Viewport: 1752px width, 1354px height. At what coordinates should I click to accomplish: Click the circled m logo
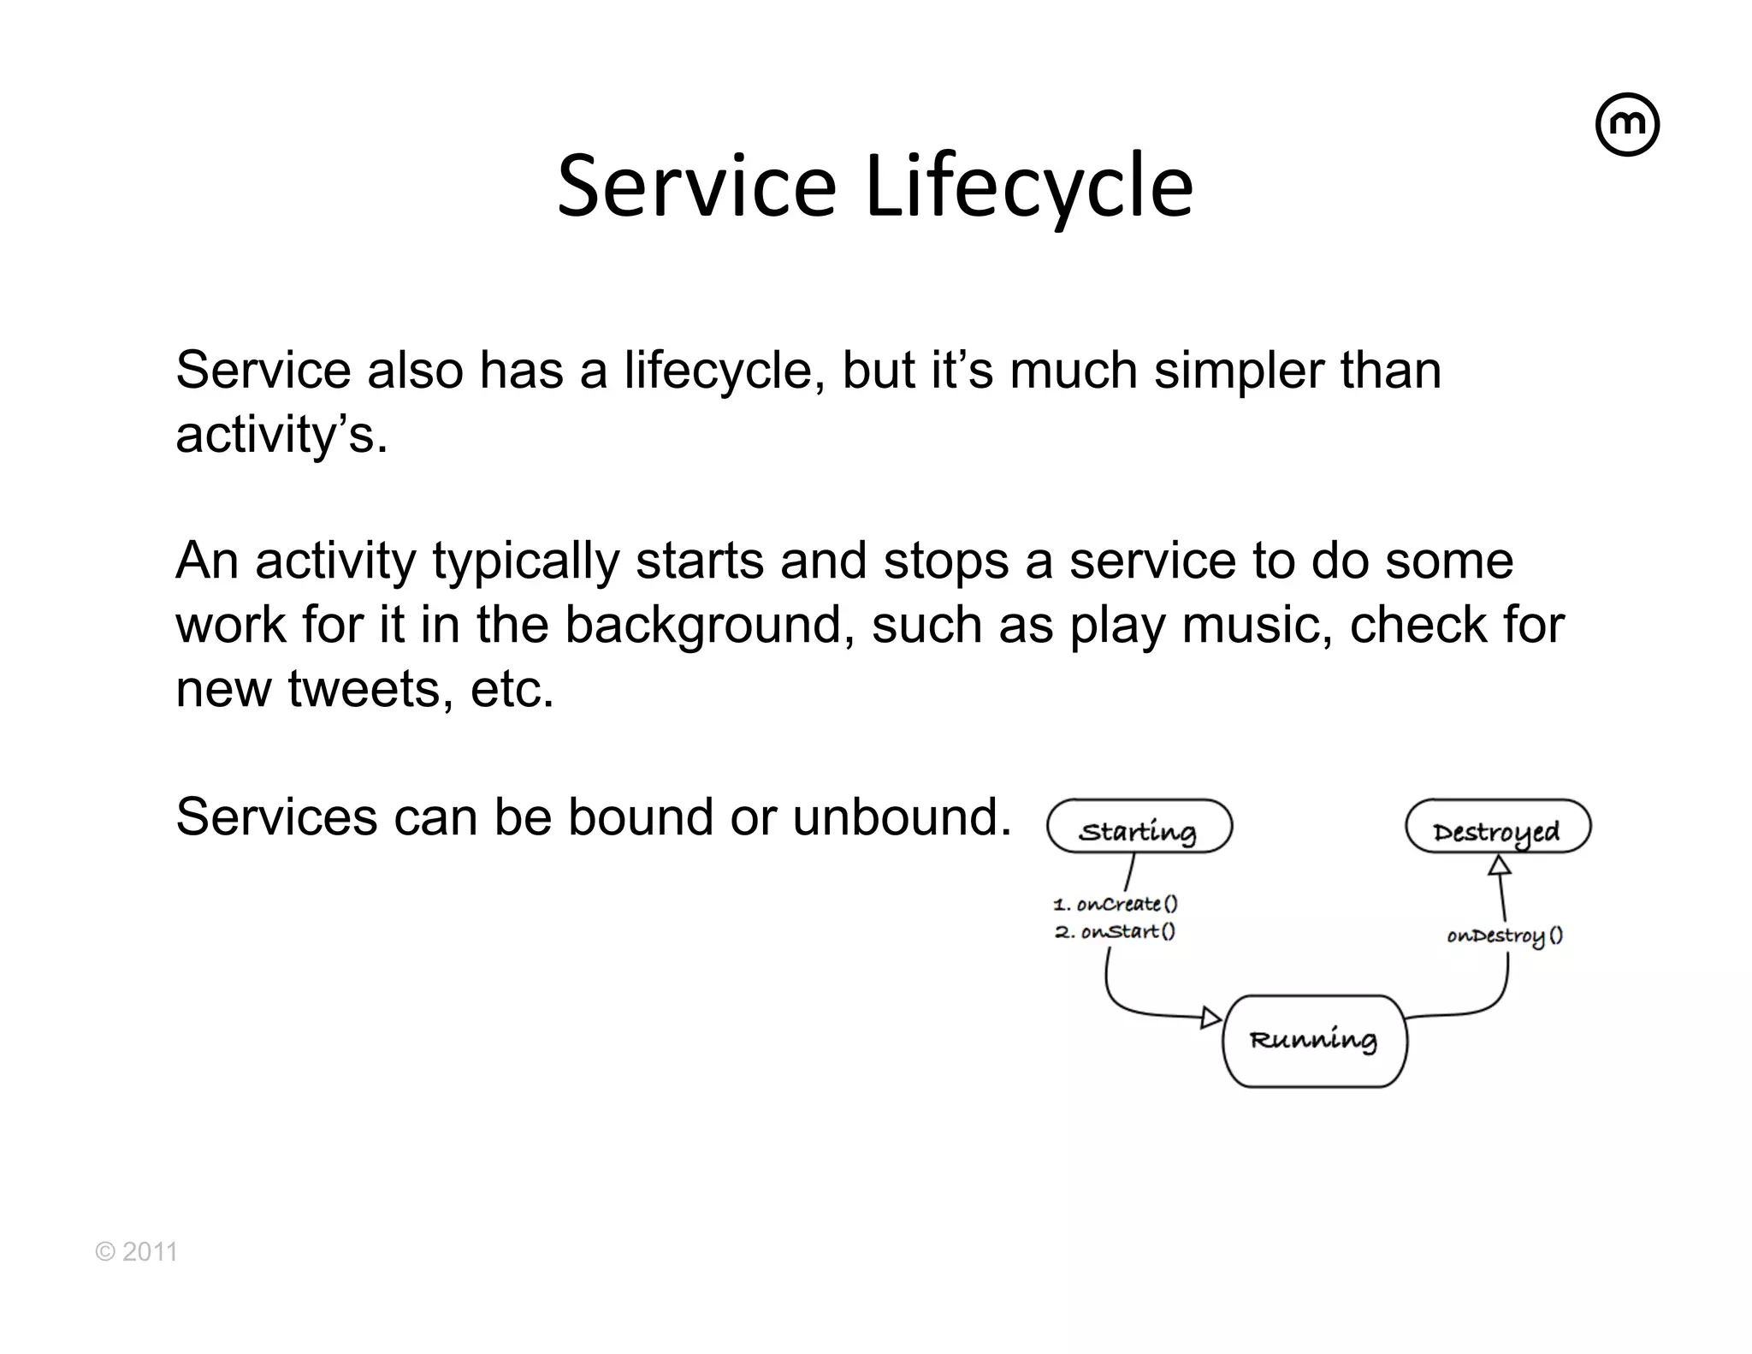click(x=1627, y=125)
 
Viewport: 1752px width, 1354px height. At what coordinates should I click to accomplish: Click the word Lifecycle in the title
click(x=1028, y=187)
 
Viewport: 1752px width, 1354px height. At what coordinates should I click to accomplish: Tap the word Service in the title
click(x=696, y=187)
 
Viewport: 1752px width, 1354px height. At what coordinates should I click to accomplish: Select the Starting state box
click(x=1139, y=827)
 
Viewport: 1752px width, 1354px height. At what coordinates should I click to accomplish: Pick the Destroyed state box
click(x=1498, y=827)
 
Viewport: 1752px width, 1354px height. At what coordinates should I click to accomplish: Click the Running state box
click(x=1314, y=1041)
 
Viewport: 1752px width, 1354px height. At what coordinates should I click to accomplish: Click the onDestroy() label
click(x=1505, y=935)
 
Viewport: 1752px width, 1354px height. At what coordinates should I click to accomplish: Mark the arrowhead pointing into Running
click(x=1211, y=1018)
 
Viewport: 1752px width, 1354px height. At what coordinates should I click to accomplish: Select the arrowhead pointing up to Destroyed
click(x=1499, y=865)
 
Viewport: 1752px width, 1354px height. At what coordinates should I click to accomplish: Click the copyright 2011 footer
click(x=137, y=1251)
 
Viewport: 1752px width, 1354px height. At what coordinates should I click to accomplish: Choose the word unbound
click(x=902, y=817)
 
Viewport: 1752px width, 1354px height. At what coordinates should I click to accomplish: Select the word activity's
click(x=281, y=435)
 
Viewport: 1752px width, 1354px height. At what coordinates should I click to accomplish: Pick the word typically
click(x=526, y=561)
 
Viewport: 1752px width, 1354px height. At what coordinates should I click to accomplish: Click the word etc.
click(x=512, y=688)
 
